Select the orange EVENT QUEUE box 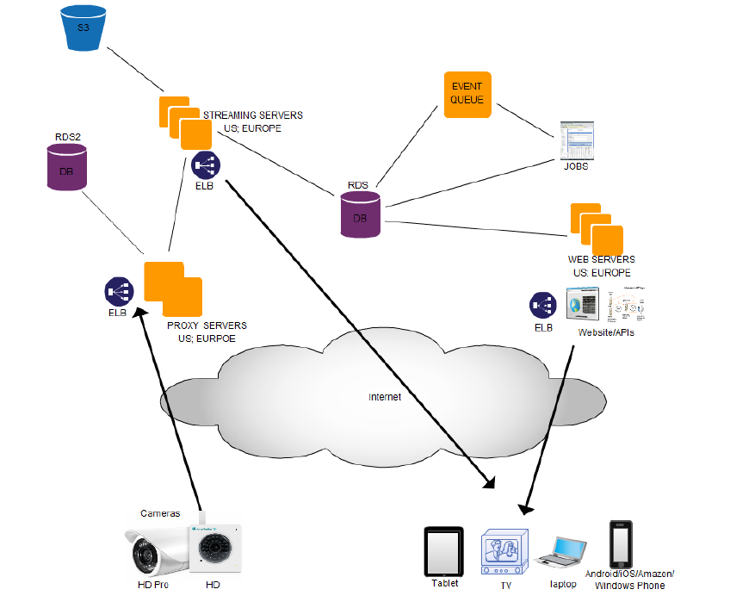coord(467,95)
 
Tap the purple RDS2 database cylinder coord(66,167)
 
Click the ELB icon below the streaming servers coord(206,164)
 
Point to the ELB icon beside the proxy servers coord(118,291)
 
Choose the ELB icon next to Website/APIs coord(543,305)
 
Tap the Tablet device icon coord(444,552)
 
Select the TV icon coord(504,554)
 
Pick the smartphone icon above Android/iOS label coord(622,543)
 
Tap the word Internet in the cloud coord(384,397)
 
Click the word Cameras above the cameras coord(160,513)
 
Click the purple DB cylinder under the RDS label coord(360,215)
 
